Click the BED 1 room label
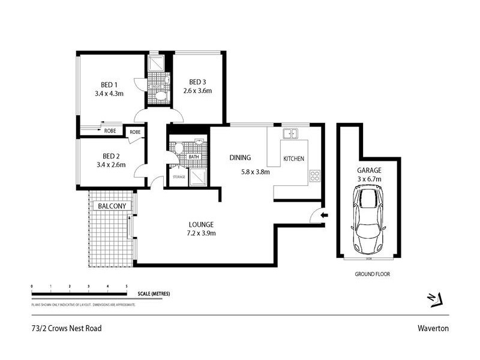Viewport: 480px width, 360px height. (x=109, y=84)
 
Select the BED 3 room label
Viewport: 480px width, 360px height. (x=199, y=82)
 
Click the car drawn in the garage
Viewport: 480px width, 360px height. (x=367, y=219)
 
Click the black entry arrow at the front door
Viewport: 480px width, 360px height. (x=325, y=215)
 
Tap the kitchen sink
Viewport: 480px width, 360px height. (x=292, y=133)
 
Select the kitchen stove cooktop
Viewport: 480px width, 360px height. (x=314, y=176)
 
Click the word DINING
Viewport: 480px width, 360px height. (x=239, y=158)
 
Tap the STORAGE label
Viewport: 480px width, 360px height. (x=178, y=177)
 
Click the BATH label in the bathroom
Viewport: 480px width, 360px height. (x=194, y=157)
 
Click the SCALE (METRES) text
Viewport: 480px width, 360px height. (x=154, y=293)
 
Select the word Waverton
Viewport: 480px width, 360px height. (x=434, y=328)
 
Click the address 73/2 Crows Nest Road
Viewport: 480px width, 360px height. (x=67, y=328)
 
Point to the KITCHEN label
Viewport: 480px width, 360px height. (x=294, y=158)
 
